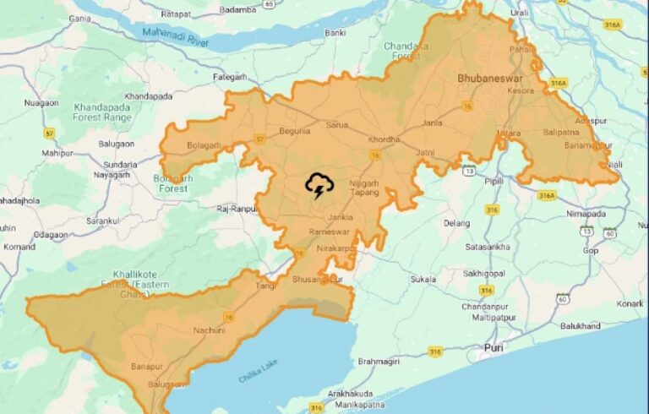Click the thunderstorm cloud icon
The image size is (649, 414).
pyautogui.click(x=319, y=185)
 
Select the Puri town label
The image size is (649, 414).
pyautogui.click(x=494, y=347)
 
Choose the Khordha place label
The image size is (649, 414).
pyautogui.click(x=384, y=139)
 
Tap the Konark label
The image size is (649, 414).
pyautogui.click(x=630, y=303)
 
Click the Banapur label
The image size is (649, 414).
pyautogui.click(x=146, y=367)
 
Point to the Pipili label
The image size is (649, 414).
pyautogui.click(x=494, y=181)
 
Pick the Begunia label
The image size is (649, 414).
pyautogui.click(x=294, y=131)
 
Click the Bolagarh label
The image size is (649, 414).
pyautogui.click(x=203, y=145)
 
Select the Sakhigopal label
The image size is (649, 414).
pyautogui.click(x=483, y=274)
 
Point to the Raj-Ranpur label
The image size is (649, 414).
pyautogui.click(x=236, y=208)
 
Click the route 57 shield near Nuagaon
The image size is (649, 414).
pyautogui.click(x=50, y=133)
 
